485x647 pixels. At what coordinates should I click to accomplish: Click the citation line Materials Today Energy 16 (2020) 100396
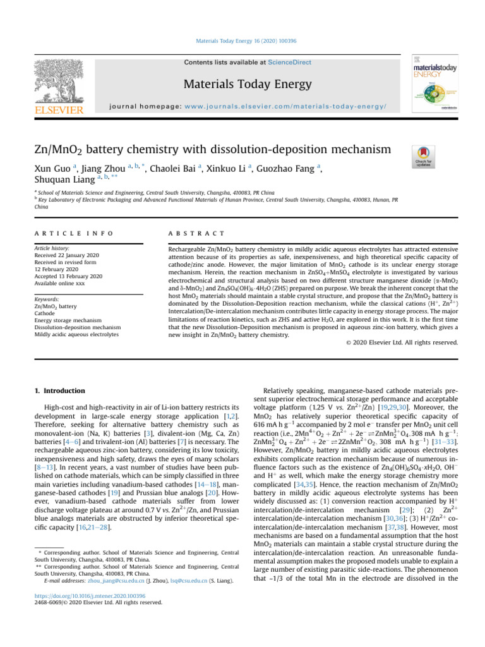tap(242, 41)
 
